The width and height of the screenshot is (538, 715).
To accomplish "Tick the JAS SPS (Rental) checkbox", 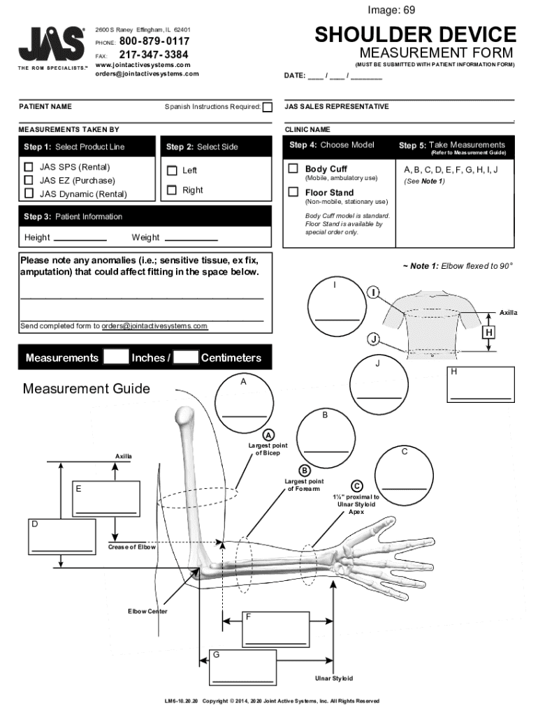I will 29,167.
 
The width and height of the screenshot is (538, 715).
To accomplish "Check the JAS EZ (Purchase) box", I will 29,180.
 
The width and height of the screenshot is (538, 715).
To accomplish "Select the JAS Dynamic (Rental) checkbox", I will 29,193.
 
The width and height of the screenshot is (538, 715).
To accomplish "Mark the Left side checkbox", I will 172,170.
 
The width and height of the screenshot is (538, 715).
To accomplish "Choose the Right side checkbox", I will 172,190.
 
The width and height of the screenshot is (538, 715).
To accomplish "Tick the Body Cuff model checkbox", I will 293,169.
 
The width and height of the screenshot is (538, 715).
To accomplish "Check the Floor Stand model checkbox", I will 293,192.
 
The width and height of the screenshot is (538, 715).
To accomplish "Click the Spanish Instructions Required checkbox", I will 267,107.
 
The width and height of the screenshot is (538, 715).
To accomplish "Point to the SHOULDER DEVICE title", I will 415,34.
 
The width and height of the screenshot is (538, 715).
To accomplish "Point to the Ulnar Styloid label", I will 334,678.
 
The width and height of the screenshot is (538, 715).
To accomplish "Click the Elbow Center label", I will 147,612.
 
